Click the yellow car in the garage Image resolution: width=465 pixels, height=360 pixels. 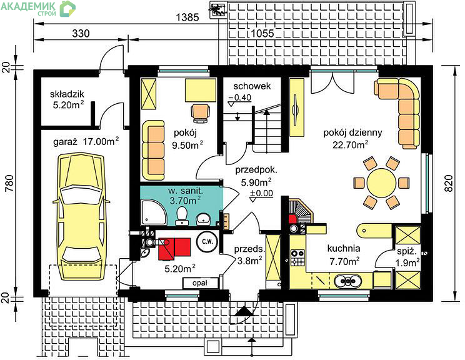81,216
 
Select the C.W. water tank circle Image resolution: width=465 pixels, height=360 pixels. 207,241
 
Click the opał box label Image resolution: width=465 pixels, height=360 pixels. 200,283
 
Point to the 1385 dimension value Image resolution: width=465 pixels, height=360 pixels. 187,17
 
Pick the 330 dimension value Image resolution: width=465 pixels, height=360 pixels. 81,33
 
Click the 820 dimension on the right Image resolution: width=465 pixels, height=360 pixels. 449,183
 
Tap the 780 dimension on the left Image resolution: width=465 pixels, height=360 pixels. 9,183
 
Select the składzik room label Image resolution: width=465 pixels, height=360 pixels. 67,94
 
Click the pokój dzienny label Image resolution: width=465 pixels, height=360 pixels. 352,132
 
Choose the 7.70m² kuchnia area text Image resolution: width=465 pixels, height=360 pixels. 344,261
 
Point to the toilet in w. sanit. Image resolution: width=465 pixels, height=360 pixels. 181,216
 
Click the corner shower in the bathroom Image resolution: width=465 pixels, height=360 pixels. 154,212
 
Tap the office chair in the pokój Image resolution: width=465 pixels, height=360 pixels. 201,112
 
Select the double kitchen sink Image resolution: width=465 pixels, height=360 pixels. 348,281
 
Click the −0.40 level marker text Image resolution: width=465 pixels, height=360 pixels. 239,97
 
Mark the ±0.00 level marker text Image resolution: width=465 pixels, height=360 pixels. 261,193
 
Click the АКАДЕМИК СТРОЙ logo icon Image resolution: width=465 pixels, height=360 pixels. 68,9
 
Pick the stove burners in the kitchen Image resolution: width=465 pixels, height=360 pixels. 297,257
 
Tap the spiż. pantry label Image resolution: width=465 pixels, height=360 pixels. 407,252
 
